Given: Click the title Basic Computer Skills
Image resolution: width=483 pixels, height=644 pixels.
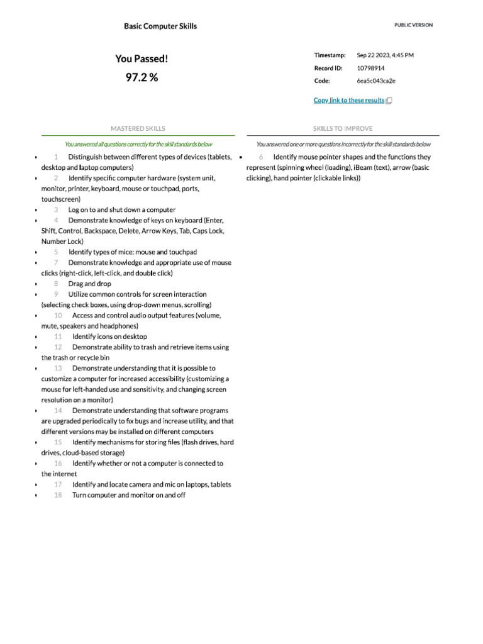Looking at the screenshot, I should [x=160, y=26].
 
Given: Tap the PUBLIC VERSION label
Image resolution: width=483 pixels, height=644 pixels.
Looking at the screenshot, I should [x=413, y=25].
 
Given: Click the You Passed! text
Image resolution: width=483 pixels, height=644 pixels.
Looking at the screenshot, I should [x=142, y=58].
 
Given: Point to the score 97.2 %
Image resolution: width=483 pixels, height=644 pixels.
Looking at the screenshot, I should [x=142, y=78].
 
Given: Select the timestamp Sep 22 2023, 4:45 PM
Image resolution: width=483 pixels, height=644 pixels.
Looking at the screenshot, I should [x=385, y=55].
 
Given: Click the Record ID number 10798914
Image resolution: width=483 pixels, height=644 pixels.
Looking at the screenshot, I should [x=371, y=68].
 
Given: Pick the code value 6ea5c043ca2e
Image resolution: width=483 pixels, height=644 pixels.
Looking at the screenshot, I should [x=376, y=80].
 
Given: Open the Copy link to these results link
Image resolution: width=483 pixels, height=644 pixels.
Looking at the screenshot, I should [x=349, y=101].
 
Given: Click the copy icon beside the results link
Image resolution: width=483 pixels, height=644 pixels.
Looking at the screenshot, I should [x=389, y=101].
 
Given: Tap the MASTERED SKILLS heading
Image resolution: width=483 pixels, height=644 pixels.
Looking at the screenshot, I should [x=138, y=128].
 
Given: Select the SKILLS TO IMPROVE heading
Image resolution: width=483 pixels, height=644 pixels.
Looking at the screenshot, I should [x=343, y=128].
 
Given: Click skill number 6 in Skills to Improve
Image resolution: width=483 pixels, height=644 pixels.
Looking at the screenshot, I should [x=261, y=157].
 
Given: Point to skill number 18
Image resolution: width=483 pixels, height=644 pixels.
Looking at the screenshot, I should [x=58, y=495].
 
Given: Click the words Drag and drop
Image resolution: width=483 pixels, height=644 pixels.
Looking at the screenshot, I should [x=90, y=284].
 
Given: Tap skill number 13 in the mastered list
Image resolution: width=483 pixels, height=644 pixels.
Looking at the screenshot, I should [x=58, y=368].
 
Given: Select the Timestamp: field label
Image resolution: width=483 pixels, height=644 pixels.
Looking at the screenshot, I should [x=330, y=55].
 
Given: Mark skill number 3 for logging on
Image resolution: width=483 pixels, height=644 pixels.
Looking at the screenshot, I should [x=56, y=209].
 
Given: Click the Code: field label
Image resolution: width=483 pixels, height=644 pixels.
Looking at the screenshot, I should [x=322, y=80].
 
